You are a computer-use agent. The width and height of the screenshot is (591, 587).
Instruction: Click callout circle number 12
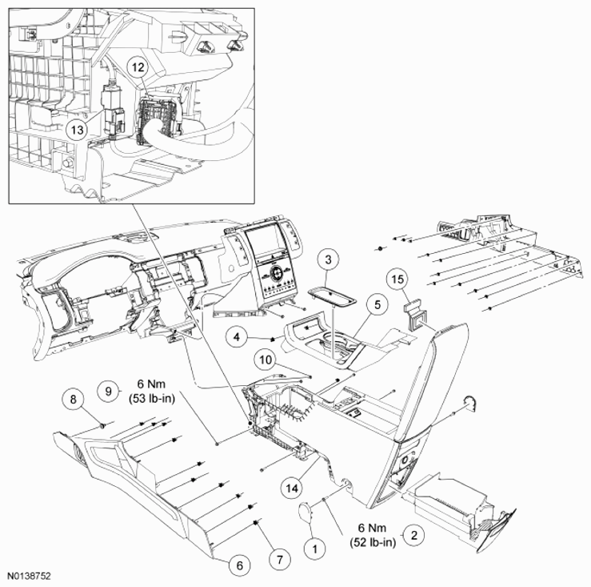[x=138, y=67]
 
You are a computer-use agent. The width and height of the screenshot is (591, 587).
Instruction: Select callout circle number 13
[x=77, y=130]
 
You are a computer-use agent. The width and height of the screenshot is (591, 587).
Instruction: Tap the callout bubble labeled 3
[x=328, y=259]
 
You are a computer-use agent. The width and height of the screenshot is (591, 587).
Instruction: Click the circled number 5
[x=377, y=304]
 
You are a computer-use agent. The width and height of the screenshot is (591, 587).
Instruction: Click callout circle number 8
[x=73, y=399]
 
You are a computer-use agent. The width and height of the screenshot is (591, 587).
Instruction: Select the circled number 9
[x=109, y=391]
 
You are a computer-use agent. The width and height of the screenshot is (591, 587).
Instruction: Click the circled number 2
[x=413, y=535]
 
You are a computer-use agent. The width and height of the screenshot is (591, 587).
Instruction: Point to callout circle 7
[x=280, y=559]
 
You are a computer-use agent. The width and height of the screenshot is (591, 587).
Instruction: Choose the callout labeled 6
[x=240, y=565]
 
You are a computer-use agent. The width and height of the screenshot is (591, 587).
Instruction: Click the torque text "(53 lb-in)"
[x=152, y=398]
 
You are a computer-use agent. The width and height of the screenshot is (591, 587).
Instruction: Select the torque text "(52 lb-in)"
[x=373, y=542]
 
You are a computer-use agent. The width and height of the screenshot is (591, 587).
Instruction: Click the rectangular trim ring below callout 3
[x=332, y=296]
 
